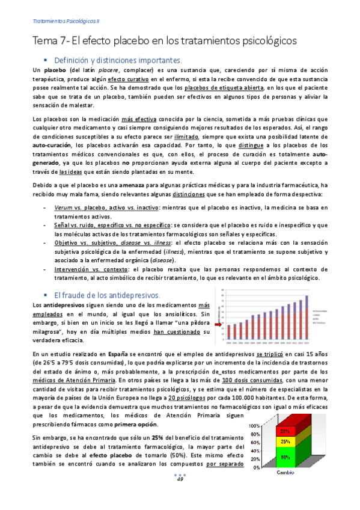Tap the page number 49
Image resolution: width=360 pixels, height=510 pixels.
pos(180,496)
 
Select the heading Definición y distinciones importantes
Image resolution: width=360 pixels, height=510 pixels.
pos(118,61)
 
